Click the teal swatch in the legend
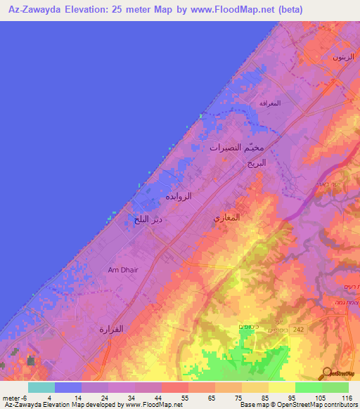(x=41, y=387)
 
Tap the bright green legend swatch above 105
(x=308, y=387)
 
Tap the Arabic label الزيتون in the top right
(x=340, y=56)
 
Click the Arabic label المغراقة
(x=270, y=103)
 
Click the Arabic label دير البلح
(x=148, y=220)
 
